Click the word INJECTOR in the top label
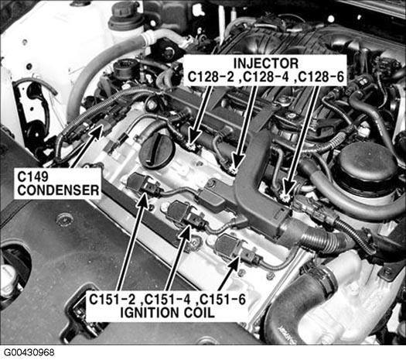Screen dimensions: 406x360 (x=266, y=63)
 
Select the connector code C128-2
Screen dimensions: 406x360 (x=213, y=77)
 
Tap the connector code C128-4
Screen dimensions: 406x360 (x=266, y=77)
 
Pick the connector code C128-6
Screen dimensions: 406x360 (x=322, y=77)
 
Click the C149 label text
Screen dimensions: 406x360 (x=33, y=177)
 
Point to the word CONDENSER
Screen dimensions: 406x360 (x=58, y=190)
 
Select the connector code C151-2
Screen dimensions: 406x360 (x=112, y=300)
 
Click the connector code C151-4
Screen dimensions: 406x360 (x=167, y=300)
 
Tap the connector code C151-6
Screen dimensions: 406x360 (x=223, y=300)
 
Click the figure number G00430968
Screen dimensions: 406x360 (x=29, y=353)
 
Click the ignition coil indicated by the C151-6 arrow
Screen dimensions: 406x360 (x=227, y=245)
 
